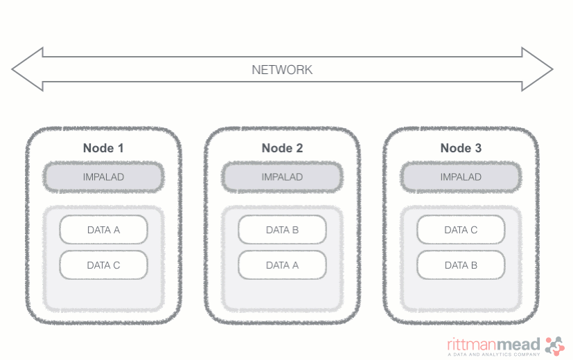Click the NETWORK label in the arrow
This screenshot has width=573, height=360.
(282, 70)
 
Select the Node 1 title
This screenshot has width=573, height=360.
(103, 148)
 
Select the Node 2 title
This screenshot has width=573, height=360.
(282, 148)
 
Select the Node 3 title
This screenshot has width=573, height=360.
(461, 148)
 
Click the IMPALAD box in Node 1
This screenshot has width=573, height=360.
(103, 177)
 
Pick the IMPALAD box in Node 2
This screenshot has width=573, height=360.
(282, 177)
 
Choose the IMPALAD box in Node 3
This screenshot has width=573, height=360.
(461, 177)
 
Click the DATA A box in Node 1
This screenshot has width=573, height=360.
(103, 230)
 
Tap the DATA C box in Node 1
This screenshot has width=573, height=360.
(103, 265)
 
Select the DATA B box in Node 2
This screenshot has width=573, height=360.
(282, 230)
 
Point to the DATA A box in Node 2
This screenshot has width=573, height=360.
(282, 265)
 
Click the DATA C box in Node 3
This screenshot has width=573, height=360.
(461, 230)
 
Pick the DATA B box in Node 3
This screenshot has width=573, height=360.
(461, 265)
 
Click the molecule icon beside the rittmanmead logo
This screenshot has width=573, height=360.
(555, 344)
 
